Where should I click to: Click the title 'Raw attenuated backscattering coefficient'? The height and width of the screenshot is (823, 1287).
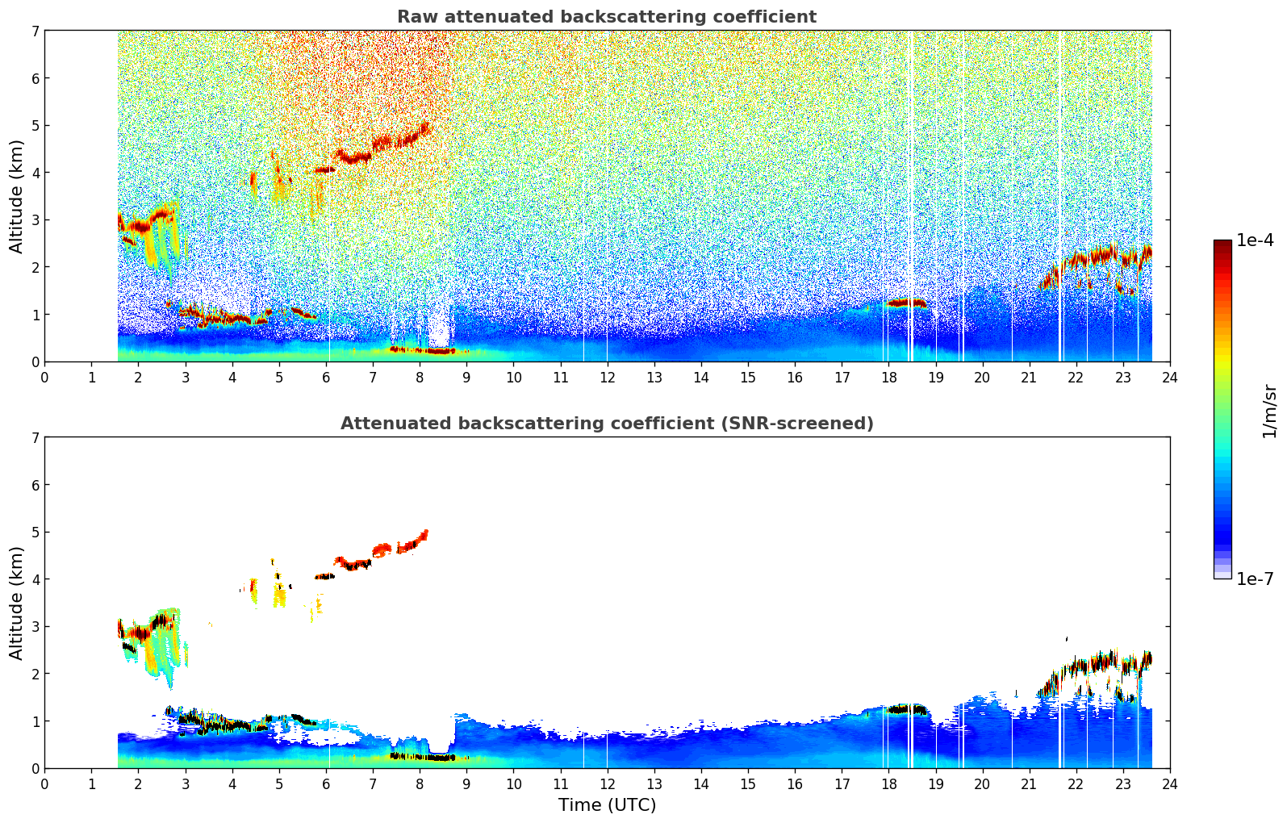[606, 17]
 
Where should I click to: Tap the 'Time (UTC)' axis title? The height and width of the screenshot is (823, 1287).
[607, 805]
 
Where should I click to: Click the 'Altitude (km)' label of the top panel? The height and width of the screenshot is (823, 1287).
[17, 196]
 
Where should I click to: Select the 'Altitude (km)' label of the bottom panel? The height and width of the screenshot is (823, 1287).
[17, 603]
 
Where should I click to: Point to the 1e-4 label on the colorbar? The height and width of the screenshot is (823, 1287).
[1255, 240]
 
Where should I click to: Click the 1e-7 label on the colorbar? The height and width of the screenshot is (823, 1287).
[1255, 579]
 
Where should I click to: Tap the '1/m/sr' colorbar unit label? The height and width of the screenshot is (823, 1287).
[1269, 410]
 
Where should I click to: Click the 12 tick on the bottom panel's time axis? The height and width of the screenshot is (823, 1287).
[607, 783]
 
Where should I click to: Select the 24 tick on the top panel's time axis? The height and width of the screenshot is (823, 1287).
[1169, 377]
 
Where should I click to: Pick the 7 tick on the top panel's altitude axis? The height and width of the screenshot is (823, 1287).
[35, 31]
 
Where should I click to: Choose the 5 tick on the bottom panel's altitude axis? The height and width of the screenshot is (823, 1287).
[35, 533]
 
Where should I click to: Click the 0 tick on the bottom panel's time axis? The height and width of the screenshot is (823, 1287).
[44, 783]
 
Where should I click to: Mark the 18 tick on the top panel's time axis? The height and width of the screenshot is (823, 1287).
[888, 377]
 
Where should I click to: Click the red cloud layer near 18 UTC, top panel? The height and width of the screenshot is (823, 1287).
[907, 303]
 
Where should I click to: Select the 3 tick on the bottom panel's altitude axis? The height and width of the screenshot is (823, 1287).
[35, 627]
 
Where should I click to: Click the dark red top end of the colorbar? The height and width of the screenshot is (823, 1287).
[1222, 244]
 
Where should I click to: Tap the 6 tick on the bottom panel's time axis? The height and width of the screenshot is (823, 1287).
[326, 783]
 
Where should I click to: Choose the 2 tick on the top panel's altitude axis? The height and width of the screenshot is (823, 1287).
[35, 267]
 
